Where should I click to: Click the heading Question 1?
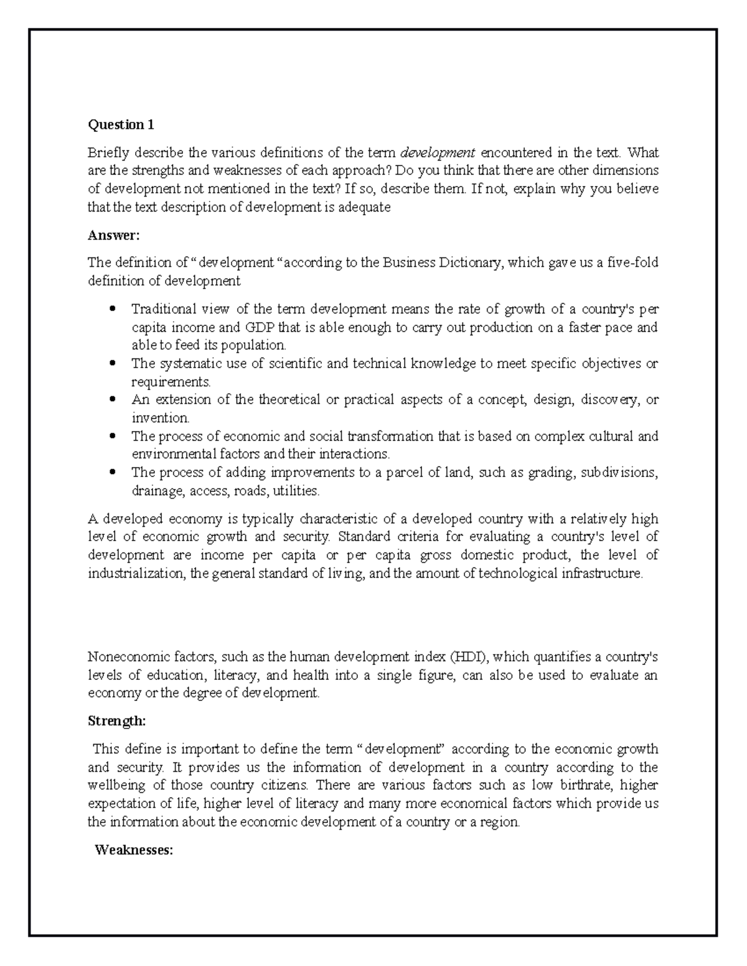coord(121,125)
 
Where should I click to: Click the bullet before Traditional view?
coord(113,309)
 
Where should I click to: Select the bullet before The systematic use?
coord(113,363)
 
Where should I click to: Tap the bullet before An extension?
coord(113,399)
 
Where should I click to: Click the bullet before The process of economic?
coord(113,436)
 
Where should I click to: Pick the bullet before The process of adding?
coord(113,473)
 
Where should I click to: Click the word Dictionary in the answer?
coord(472,263)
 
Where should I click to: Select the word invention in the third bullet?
coord(160,418)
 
